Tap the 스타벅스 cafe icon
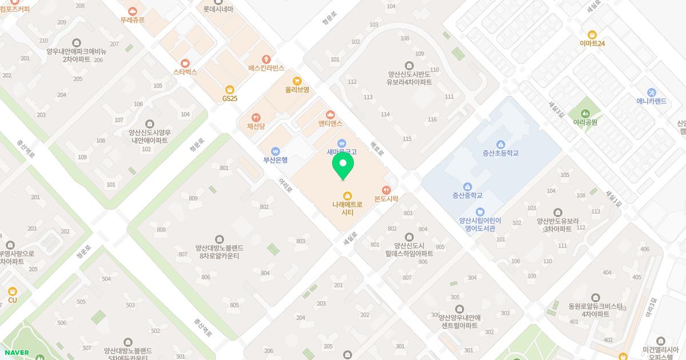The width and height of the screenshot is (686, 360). point(185,63)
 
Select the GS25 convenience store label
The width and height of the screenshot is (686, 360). point(229,98)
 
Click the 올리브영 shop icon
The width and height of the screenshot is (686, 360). point(297,81)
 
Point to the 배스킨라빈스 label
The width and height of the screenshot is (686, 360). point(266,68)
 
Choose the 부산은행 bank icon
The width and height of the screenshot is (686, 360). point(276,151)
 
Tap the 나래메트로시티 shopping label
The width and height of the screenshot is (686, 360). point(347,208)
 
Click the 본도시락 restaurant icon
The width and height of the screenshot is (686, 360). point(386,190)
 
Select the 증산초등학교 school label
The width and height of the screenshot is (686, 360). point(500,153)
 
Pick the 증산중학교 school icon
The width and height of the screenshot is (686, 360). point(467,186)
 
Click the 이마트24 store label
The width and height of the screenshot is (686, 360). point(592,43)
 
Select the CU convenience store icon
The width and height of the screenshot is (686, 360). point(13,291)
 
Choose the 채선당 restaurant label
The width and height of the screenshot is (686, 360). point(256,126)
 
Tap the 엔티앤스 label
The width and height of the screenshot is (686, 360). point(330,123)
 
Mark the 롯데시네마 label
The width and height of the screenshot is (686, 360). point(218,9)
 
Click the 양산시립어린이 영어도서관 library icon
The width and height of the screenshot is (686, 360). point(480,211)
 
